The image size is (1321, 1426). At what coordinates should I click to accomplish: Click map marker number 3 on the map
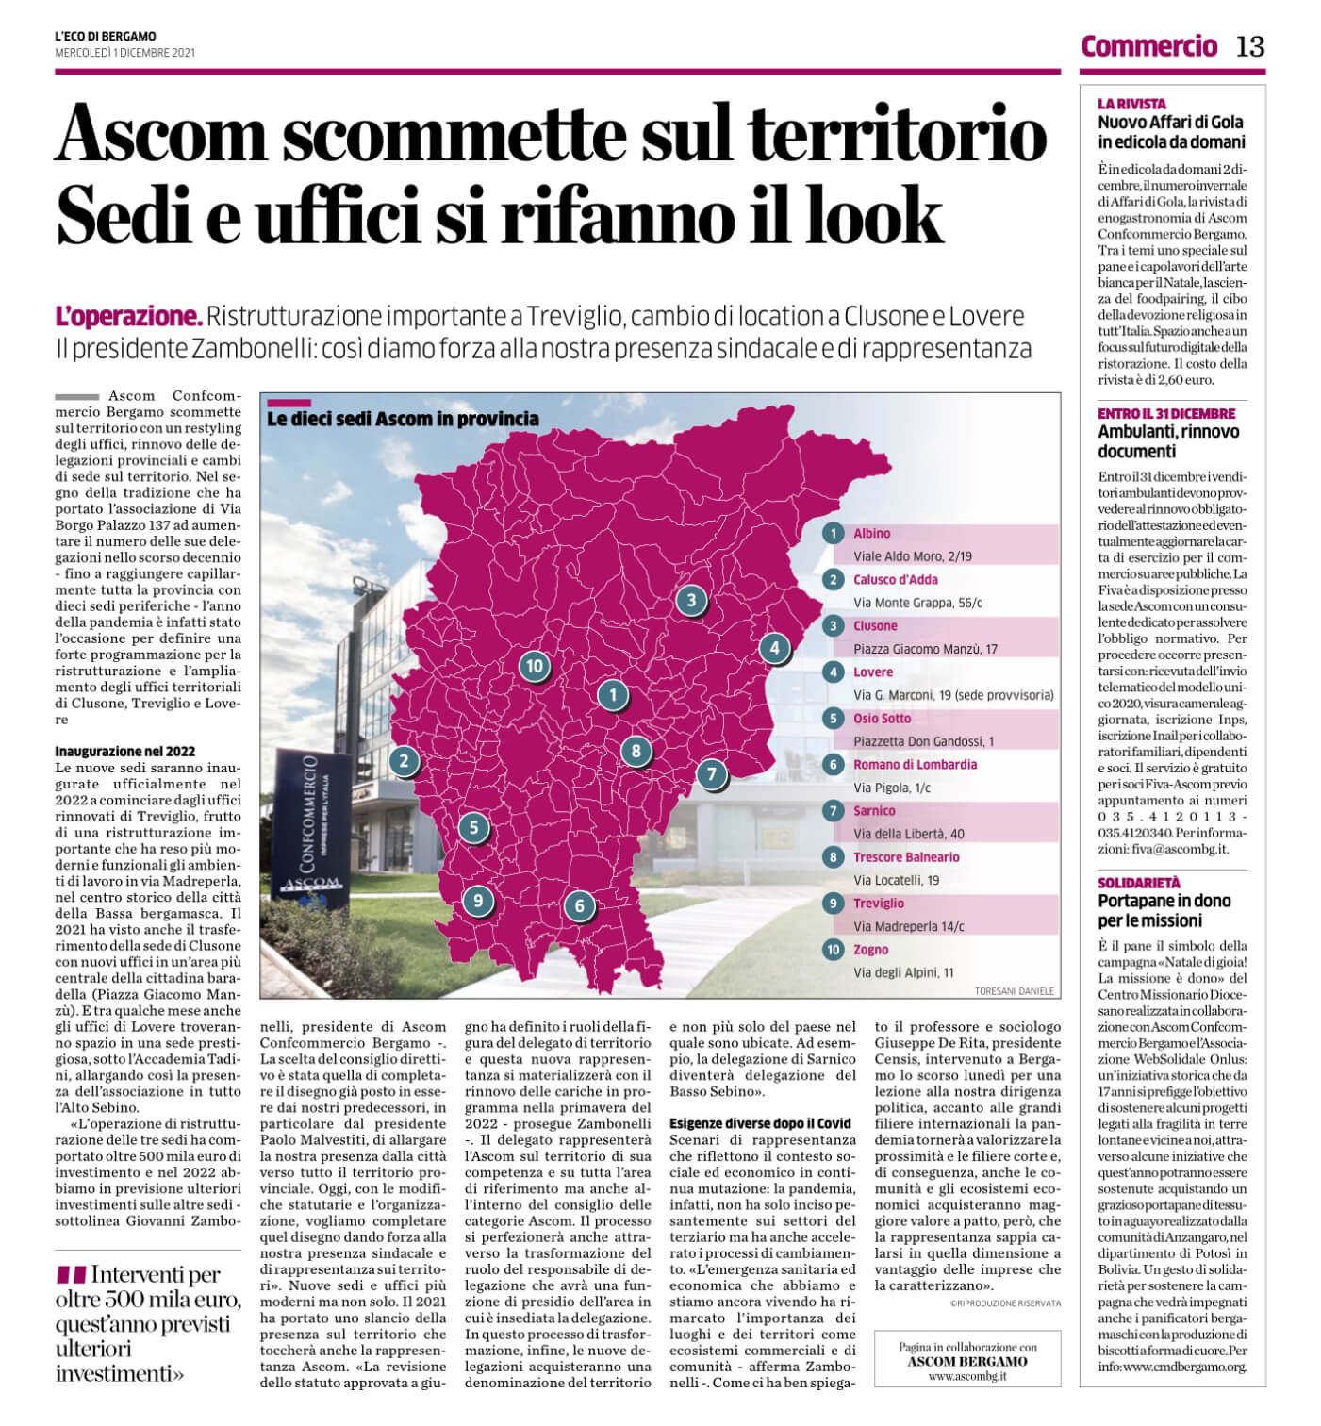point(691,600)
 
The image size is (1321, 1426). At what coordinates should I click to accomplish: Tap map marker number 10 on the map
point(534,666)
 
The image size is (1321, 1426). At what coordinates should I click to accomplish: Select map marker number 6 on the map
point(579,906)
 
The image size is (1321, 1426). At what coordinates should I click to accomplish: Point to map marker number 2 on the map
point(405,761)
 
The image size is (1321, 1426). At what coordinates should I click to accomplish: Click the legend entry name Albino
point(872,534)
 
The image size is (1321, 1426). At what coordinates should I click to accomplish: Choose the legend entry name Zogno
point(871,950)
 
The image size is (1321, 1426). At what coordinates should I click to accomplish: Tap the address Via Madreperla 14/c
point(909,926)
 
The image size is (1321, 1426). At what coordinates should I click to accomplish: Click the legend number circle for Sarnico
point(833,811)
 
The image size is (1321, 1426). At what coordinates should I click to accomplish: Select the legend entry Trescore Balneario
point(906,857)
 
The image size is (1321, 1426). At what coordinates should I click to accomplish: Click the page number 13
point(1250,45)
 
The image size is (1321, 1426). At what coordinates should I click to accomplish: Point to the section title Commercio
point(1148,45)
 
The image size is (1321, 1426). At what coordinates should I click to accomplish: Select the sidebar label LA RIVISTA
point(1131,104)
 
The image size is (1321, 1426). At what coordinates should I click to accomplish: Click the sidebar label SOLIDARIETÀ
point(1139,883)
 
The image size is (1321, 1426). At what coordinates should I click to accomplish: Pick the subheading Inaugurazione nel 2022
point(125,752)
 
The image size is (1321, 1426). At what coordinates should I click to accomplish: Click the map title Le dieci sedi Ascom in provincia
point(404,419)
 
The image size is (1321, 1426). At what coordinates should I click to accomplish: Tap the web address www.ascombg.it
point(967,1376)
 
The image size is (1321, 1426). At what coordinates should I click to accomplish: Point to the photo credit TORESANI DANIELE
point(1015,991)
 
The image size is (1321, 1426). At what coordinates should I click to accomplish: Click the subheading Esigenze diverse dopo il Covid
point(760,1123)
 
